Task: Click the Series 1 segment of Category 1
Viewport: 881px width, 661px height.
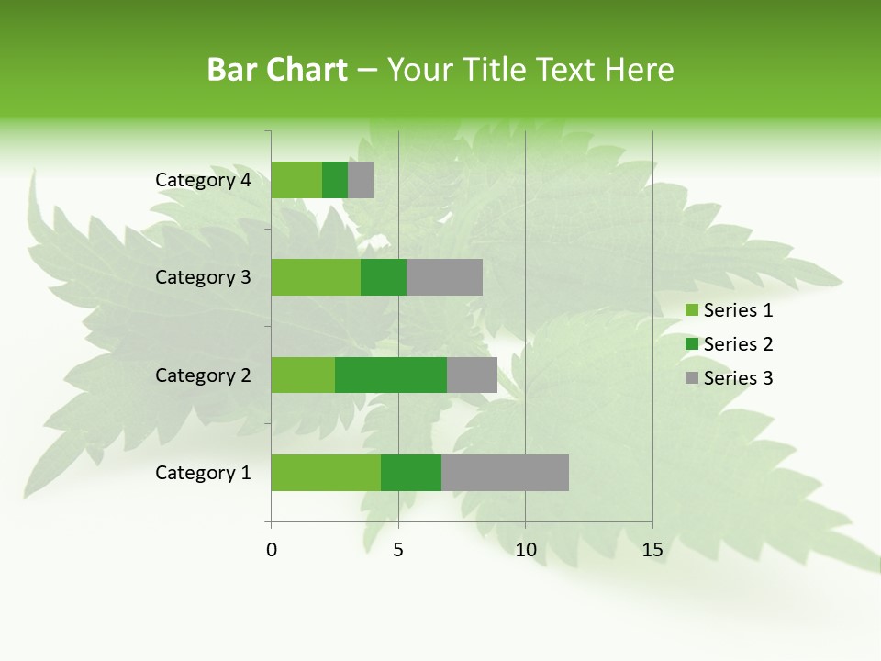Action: (326, 473)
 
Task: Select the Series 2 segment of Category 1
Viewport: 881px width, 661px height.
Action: (411, 473)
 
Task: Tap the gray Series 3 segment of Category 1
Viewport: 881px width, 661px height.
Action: (505, 473)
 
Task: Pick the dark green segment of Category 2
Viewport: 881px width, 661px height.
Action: (391, 375)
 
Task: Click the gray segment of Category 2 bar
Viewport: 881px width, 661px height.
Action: (472, 375)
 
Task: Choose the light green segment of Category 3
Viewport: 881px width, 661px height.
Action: (316, 277)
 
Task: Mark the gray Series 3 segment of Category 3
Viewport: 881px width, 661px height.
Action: (444, 277)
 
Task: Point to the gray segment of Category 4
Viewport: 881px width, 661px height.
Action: (361, 180)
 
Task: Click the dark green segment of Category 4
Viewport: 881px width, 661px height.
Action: (335, 180)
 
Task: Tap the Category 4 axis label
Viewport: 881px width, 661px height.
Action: (203, 180)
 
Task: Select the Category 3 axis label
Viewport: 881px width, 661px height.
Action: (203, 277)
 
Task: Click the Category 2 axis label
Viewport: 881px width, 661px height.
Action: (203, 375)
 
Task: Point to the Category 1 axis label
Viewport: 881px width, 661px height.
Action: (203, 473)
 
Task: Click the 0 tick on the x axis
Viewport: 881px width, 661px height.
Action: (272, 550)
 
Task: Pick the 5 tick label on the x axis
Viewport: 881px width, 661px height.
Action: (398, 550)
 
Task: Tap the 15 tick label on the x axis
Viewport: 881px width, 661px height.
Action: (652, 550)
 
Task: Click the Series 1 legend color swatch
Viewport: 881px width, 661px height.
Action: (691, 310)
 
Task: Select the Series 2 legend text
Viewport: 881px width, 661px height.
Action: (738, 344)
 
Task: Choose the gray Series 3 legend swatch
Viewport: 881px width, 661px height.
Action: (691, 378)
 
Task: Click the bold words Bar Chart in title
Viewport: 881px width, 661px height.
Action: (277, 70)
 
